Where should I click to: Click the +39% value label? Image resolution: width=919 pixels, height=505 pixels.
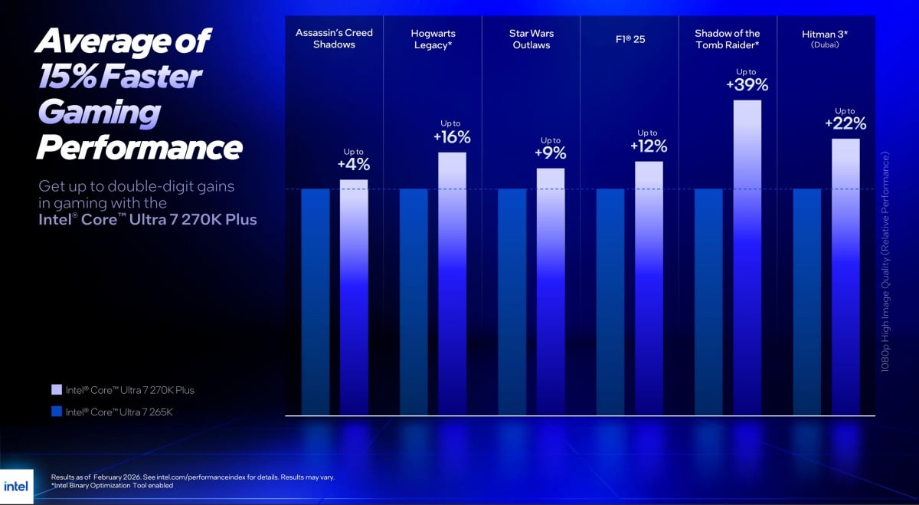click(747, 85)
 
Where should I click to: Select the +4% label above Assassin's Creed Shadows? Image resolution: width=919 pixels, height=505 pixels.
click(354, 164)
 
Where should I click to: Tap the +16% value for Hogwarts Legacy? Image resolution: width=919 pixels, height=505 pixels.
click(452, 137)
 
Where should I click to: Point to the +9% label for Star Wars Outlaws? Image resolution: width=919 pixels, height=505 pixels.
click(551, 153)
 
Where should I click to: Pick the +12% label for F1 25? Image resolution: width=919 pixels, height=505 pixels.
click(649, 146)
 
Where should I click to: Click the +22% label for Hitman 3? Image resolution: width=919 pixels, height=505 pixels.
click(845, 123)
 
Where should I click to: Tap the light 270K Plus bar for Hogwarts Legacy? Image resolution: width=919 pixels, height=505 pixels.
click(452, 284)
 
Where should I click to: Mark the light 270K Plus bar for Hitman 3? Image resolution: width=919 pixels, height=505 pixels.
click(845, 276)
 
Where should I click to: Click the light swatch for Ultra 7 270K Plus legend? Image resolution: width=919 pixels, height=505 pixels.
click(56, 390)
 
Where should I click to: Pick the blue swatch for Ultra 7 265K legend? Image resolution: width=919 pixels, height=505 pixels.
click(56, 412)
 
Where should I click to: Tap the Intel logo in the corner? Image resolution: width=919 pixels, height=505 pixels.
click(16, 487)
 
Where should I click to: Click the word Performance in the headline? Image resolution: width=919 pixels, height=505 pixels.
click(139, 147)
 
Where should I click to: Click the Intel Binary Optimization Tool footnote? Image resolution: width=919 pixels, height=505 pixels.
click(112, 485)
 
